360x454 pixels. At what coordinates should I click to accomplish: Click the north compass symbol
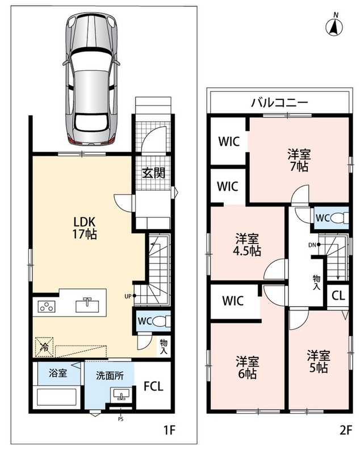[x=334, y=27]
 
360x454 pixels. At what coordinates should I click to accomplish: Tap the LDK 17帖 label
[x=85, y=228]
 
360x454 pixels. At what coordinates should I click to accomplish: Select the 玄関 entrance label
[x=153, y=173]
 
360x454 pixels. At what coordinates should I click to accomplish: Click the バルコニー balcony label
[x=279, y=102]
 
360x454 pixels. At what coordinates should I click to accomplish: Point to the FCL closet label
[x=153, y=386]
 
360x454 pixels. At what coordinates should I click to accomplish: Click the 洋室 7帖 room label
[x=299, y=161]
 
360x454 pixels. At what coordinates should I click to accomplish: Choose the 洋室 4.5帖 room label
[x=247, y=245]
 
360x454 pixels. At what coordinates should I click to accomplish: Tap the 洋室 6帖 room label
[x=247, y=368]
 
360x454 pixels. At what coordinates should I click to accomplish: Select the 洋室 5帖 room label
[x=319, y=361]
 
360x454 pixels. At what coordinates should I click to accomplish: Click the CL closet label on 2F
[x=338, y=296]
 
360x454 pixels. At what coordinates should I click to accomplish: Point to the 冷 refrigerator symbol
[x=44, y=347]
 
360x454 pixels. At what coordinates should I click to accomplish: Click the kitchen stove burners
[x=47, y=306]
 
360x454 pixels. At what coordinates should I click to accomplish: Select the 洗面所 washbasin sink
[x=121, y=394]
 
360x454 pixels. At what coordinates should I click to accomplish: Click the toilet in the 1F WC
[x=161, y=321]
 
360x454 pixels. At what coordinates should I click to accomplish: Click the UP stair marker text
[x=128, y=296]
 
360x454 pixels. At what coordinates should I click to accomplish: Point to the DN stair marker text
[x=312, y=245]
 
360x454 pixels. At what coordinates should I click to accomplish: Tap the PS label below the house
[x=120, y=419]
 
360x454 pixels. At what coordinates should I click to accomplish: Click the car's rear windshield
[x=91, y=123]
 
